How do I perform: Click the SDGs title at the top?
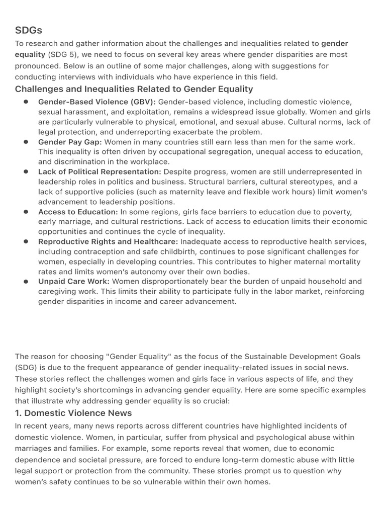pyautogui.click(x=29, y=31)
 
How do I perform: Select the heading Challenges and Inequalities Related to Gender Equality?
pyautogui.click(x=134, y=89)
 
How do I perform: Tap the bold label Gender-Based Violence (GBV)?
pyautogui.click(x=97, y=102)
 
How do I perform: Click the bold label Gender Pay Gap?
pyautogui.click(x=70, y=142)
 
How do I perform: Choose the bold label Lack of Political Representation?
pyautogui.click(x=100, y=172)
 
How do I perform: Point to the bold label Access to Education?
pyautogui.click(x=78, y=212)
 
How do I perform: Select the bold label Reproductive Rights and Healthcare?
pyautogui.click(x=108, y=242)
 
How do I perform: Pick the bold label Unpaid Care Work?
pyautogui.click(x=73, y=282)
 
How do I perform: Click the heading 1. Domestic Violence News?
pyautogui.click(x=73, y=413)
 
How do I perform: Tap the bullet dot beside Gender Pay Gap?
pyautogui.click(x=26, y=142)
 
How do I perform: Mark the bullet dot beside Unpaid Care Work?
pyautogui.click(x=26, y=282)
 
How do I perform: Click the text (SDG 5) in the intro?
pyautogui.click(x=62, y=54)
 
